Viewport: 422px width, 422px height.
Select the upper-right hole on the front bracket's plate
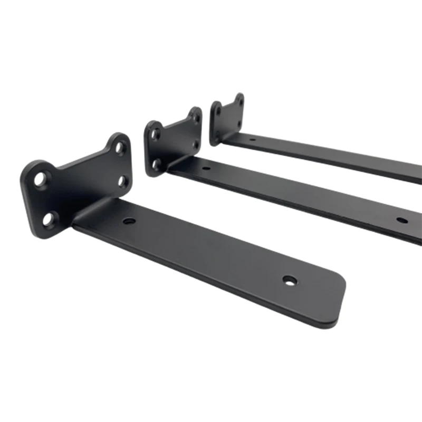point(120,148)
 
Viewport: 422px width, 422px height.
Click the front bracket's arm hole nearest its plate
point(128,221)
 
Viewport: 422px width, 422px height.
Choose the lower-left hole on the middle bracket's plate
point(157,164)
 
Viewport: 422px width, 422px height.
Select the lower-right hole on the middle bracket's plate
point(196,144)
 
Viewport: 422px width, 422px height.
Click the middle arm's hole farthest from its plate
point(402,220)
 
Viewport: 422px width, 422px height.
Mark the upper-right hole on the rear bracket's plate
point(239,101)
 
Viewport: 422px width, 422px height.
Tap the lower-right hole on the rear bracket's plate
point(239,124)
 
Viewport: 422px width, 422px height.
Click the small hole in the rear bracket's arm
point(252,140)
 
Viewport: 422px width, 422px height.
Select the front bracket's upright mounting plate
point(79,185)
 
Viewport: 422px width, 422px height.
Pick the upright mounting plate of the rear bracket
point(228,119)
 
